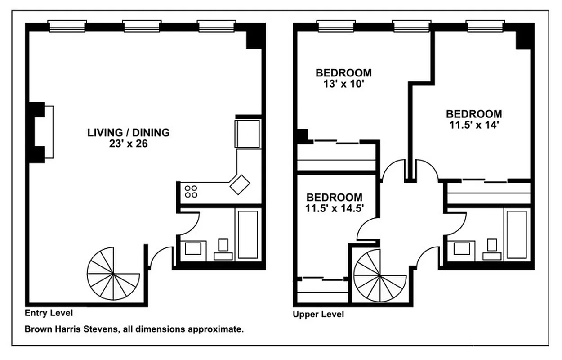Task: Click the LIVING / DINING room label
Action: (128, 133)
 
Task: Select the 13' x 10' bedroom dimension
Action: (343, 83)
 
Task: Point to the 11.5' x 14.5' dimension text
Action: (335, 208)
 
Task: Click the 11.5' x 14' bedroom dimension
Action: (473, 125)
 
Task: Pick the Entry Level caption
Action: (49, 313)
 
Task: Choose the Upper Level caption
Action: (318, 314)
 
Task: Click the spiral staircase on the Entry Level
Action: (112, 273)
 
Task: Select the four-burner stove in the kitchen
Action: (191, 192)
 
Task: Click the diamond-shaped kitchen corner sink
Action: (240, 184)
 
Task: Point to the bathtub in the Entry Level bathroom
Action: (248, 234)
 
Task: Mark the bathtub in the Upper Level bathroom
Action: (517, 234)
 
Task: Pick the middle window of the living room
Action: (142, 26)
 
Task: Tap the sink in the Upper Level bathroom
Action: (463, 248)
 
